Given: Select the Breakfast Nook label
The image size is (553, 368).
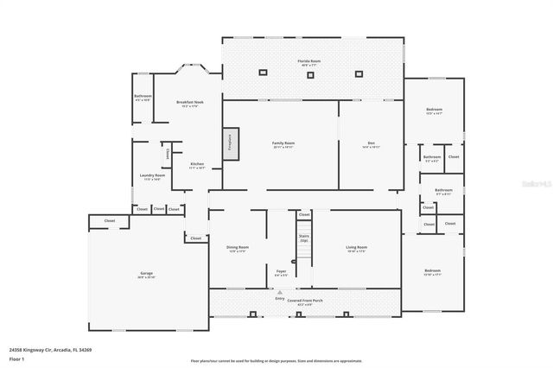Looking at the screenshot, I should pyautogui.click(x=189, y=103).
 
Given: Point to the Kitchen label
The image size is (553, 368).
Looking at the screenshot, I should pyautogui.click(x=197, y=165).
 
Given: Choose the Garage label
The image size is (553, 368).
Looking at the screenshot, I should pyautogui.click(x=146, y=274).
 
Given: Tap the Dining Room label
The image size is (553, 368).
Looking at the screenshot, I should pyautogui.click(x=238, y=249).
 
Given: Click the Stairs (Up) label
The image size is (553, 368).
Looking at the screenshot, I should pyautogui.click(x=303, y=238).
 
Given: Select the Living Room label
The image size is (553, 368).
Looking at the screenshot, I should pyautogui.click(x=356, y=249).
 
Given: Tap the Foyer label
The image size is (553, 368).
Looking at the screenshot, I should pyautogui.click(x=282, y=272).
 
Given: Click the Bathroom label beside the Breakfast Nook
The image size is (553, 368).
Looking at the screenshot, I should pyautogui.click(x=143, y=97).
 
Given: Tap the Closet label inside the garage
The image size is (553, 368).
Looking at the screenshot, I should pyautogui.click(x=110, y=221).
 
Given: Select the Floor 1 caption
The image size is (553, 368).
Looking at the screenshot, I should pyautogui.click(x=16, y=358).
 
